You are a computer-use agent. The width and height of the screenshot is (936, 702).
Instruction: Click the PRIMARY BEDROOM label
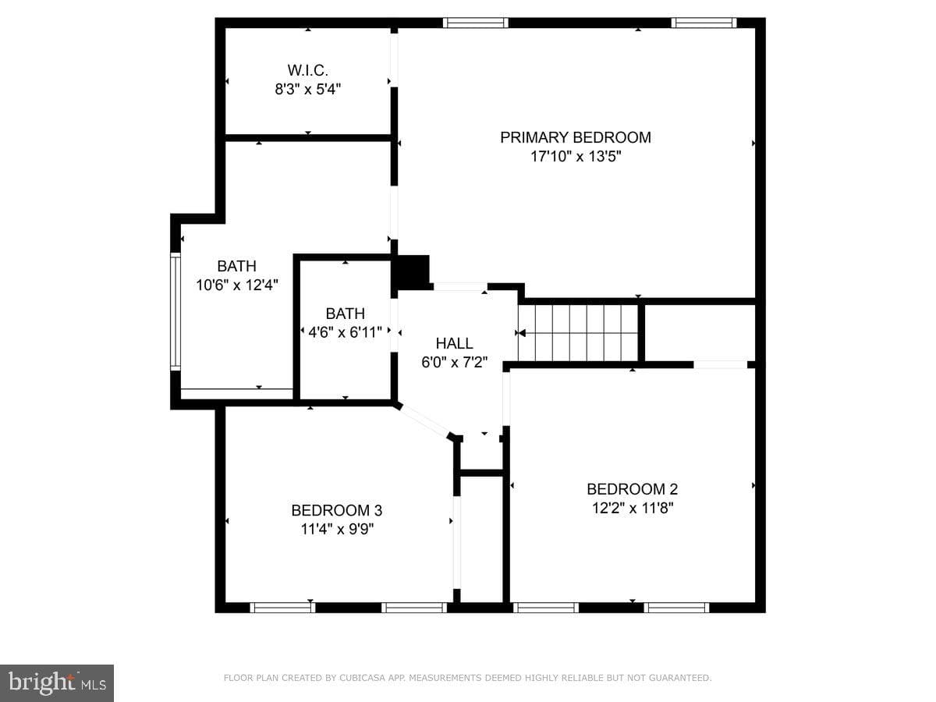click(575, 137)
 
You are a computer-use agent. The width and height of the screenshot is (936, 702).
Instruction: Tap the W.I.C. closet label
click(307, 70)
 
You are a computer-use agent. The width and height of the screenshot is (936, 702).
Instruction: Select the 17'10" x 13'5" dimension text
click(575, 157)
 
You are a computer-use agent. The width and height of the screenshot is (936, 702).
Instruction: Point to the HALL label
click(454, 343)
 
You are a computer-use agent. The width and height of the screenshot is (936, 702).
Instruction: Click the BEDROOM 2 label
click(632, 489)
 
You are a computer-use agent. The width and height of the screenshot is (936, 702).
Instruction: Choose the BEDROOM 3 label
click(336, 510)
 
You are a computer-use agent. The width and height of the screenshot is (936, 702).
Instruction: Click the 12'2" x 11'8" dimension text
click(633, 508)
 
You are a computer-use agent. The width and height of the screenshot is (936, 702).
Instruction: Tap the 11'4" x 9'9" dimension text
click(337, 530)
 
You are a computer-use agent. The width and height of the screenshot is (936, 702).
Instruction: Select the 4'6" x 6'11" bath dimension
click(345, 332)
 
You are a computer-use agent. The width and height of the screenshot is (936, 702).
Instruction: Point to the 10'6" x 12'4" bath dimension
click(237, 285)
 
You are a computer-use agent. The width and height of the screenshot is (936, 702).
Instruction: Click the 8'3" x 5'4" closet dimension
click(307, 90)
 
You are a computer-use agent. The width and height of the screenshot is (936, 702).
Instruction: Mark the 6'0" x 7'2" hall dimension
click(454, 362)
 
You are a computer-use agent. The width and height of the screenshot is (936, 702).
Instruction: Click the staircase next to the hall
click(578, 333)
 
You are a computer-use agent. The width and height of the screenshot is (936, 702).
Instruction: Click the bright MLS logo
click(57, 682)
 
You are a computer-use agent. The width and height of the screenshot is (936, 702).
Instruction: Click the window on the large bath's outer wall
click(175, 311)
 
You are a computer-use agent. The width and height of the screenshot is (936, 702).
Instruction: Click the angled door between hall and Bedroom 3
click(424, 421)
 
